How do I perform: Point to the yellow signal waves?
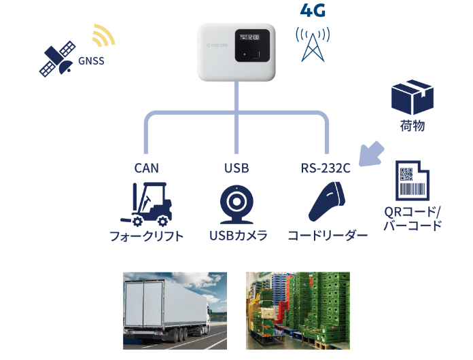tap(103, 37)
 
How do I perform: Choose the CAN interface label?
tap(146, 168)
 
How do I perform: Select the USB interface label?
tap(236, 168)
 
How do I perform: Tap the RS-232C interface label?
tap(326, 168)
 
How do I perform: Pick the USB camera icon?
tap(236, 204)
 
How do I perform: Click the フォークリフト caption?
tap(146, 236)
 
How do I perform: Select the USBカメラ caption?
tap(237, 236)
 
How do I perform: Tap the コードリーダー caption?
tap(328, 236)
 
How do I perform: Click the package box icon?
tap(413, 97)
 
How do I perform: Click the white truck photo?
tap(175, 310)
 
